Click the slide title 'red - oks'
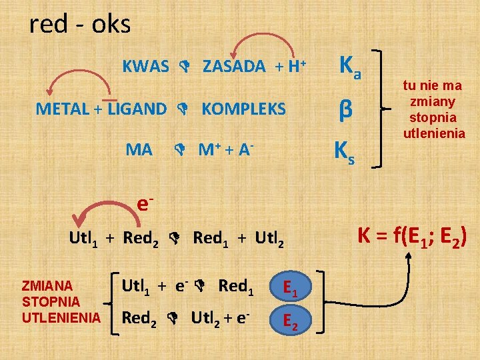(80, 25)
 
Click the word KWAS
(146, 67)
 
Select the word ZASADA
(234, 67)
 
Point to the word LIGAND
(137, 109)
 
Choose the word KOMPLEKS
(243, 109)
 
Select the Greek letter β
(345, 108)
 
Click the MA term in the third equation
(139, 149)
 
